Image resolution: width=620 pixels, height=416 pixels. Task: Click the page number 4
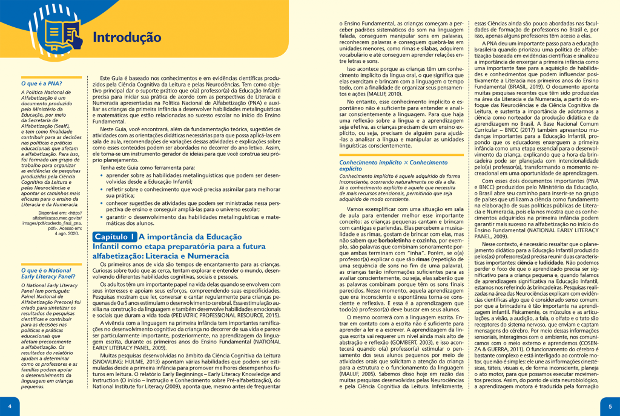click(9, 406)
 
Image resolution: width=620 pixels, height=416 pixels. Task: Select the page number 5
click(610, 406)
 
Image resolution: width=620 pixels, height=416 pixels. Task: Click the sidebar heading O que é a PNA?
click(41, 83)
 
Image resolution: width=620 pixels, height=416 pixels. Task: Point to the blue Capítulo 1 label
click(114, 237)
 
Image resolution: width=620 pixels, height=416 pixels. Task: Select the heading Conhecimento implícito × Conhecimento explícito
click(393, 166)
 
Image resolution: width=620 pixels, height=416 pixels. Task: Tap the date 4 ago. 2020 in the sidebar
click(67, 216)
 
